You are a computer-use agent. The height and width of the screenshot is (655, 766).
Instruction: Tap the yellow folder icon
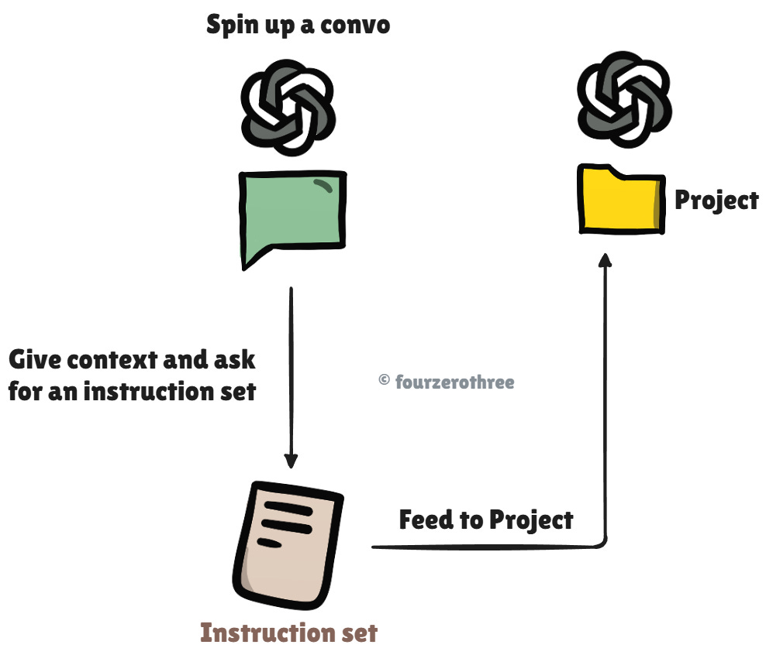[x=620, y=200]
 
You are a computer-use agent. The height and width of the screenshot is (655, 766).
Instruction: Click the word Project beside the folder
[x=716, y=201]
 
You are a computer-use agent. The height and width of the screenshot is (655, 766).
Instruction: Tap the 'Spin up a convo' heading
[x=298, y=26]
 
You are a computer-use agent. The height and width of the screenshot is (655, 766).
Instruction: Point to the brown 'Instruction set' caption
[x=288, y=633]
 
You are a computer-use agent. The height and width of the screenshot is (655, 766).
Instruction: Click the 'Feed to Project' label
[x=486, y=520]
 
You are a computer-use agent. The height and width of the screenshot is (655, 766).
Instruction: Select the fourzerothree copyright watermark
[x=446, y=382]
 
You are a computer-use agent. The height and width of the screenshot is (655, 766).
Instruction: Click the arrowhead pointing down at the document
[x=291, y=461]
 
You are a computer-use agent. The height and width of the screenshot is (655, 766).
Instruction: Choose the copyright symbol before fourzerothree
[x=384, y=381]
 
